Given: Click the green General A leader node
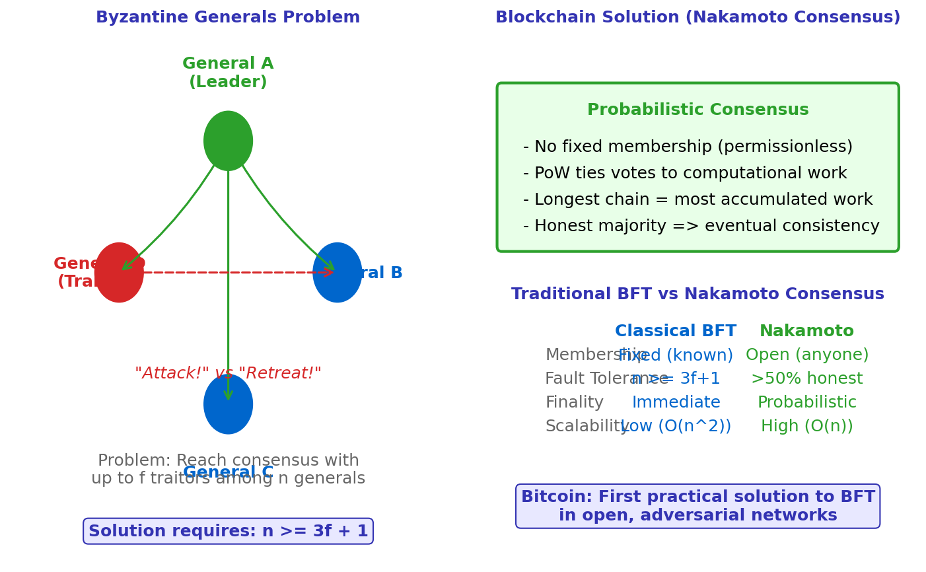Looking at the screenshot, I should pyautogui.click(x=228, y=141).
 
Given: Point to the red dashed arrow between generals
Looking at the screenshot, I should pyautogui.click(x=231, y=272).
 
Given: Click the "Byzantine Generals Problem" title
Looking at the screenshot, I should pyautogui.click(x=228, y=18).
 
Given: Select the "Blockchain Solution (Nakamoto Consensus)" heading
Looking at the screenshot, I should pyautogui.click(x=697, y=18).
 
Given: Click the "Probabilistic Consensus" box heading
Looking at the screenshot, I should pyautogui.click(x=697, y=110).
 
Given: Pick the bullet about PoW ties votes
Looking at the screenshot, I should pyautogui.click(x=685, y=174).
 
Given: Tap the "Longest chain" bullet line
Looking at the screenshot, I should pyautogui.click(x=697, y=200).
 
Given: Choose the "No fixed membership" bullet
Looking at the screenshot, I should pyautogui.click(x=688, y=147).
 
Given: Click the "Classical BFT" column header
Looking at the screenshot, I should pyautogui.click(x=675, y=332).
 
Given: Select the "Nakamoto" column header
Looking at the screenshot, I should pyautogui.click(x=806, y=332).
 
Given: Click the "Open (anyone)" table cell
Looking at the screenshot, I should pyautogui.click(x=806, y=355).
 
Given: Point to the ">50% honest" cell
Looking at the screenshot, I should pyautogui.click(x=806, y=379).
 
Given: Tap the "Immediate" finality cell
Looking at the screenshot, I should pyautogui.click(x=676, y=403).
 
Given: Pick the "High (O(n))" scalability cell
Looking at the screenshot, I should pyautogui.click(x=806, y=427).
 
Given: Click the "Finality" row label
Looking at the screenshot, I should pyautogui.click(x=574, y=403).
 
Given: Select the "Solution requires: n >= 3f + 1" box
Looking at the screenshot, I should pyautogui.click(x=228, y=532).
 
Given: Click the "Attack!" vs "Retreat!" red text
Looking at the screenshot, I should pyautogui.click(x=228, y=374).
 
